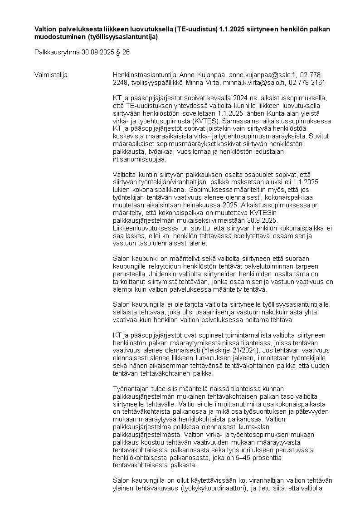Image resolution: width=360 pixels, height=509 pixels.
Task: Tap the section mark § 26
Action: (124, 52)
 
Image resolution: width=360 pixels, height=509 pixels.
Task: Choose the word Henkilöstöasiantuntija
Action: (145, 74)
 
